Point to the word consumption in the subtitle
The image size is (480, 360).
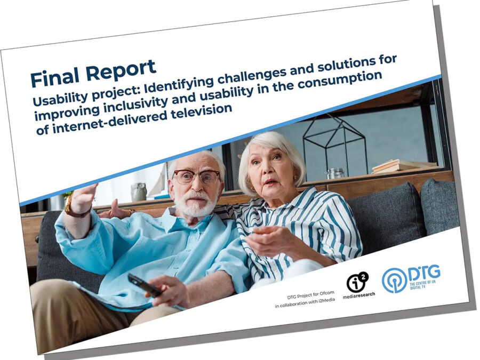(340, 81)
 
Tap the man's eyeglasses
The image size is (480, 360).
(196, 177)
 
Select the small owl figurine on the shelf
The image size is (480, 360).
(139, 192)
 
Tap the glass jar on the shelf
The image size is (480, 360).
(335, 173)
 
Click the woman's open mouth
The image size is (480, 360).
(270, 182)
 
